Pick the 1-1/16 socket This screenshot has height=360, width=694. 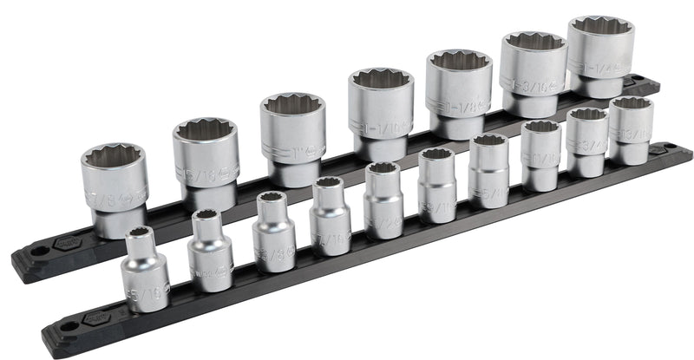(x=380, y=115)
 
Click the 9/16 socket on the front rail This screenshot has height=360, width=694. (x=437, y=185)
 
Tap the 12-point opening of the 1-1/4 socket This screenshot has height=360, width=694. (x=601, y=30)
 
